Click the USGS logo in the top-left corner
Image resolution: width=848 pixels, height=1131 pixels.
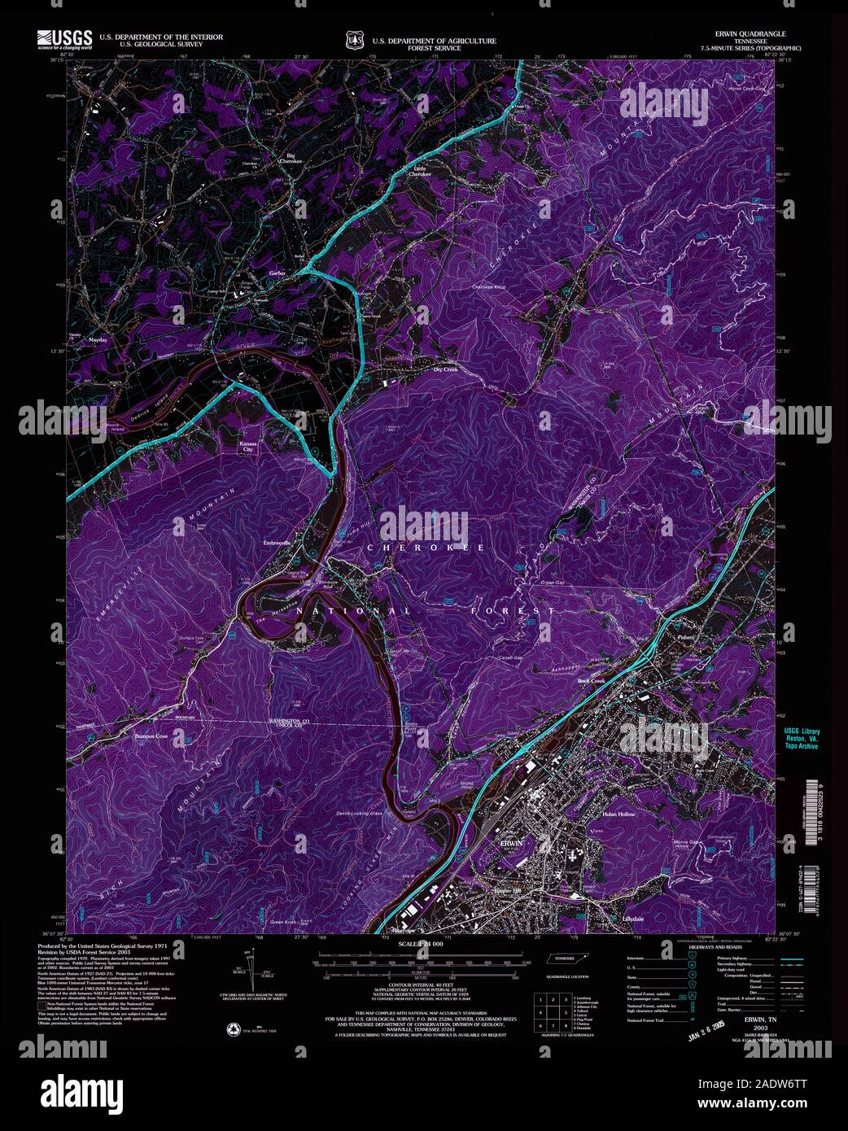[63, 40]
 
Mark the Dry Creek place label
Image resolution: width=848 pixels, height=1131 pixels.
[446, 369]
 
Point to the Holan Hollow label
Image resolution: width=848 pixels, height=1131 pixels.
[619, 814]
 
